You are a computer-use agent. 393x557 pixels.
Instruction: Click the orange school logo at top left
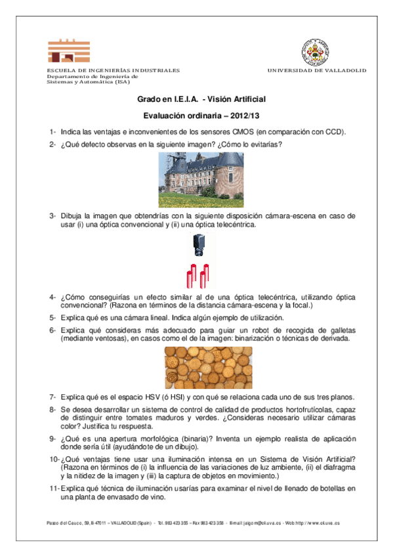tap(68, 51)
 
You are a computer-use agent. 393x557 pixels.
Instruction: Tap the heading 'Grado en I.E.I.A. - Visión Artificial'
tap(201, 99)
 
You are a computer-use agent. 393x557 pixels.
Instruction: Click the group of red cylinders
tap(198, 276)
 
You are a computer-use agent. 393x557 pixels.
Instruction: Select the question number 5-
tap(52, 317)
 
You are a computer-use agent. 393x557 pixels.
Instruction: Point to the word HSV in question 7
tap(136, 397)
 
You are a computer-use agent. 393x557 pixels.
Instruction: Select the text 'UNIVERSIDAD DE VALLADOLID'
tap(317, 70)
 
